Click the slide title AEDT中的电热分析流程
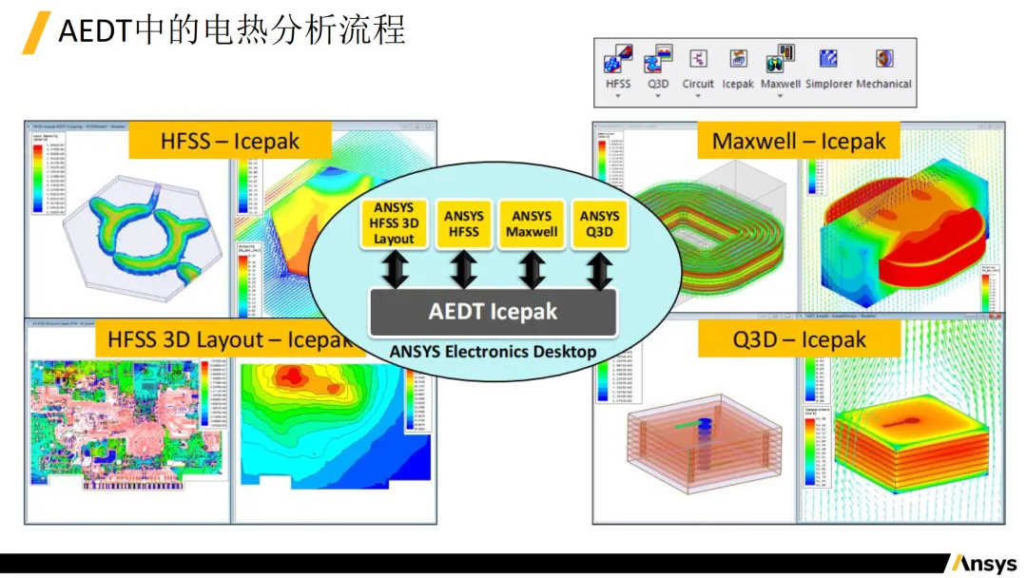point(232,30)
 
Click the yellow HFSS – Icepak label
point(230,142)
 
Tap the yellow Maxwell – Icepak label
point(799,142)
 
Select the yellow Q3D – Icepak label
point(799,339)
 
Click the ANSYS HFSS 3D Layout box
point(394,223)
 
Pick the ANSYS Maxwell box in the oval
point(532,223)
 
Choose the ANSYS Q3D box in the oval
point(599,223)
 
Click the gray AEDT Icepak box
point(493,312)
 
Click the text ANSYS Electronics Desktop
point(493,352)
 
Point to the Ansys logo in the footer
point(984,563)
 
